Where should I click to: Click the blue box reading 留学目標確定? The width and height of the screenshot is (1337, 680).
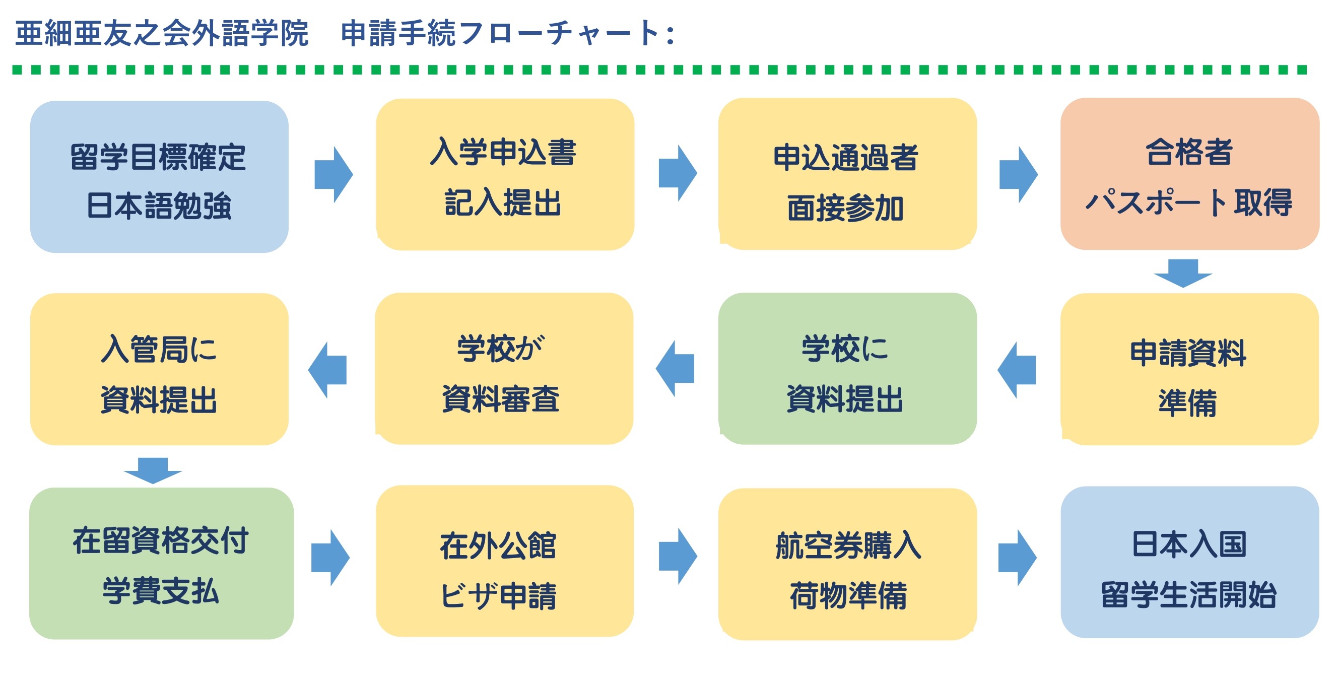coord(159,176)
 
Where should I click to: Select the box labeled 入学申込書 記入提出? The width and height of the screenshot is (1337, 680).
coord(504,174)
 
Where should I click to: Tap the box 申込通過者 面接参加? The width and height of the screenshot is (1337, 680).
coord(847,174)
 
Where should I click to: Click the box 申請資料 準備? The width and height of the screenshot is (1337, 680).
coord(1189,369)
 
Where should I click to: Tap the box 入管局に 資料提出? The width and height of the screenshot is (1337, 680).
coord(159,369)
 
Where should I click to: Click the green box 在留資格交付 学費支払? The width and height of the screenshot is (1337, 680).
coord(161,563)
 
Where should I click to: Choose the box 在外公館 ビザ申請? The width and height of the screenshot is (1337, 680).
coord(504,561)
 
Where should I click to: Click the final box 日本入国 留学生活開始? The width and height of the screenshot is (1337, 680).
coord(1189,562)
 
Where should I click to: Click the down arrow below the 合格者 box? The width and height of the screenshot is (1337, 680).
coord(1183,273)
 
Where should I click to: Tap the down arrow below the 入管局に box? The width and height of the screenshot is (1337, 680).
coord(153,470)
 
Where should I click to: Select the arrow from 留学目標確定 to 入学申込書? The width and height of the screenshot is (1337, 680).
coord(333,174)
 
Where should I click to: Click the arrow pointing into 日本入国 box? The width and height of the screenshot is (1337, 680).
coord(1017,558)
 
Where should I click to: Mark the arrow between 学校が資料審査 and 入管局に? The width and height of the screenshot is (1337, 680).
coord(327,370)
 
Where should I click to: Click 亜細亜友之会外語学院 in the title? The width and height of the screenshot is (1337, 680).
coord(161,33)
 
